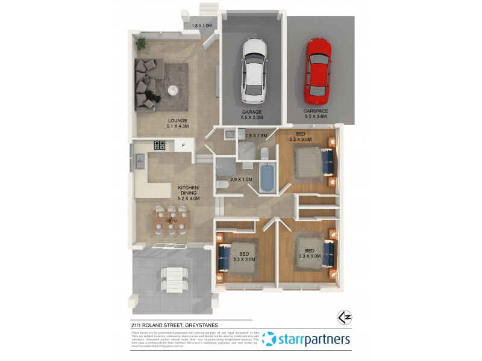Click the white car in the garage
(253, 70)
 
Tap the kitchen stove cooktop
(160, 145)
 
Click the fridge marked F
(183, 146)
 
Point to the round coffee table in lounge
(172, 90)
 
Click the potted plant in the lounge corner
(141, 44)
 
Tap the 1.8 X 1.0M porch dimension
(202, 25)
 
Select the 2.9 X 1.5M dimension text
(242, 180)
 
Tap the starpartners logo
(306, 339)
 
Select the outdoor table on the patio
(172, 278)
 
